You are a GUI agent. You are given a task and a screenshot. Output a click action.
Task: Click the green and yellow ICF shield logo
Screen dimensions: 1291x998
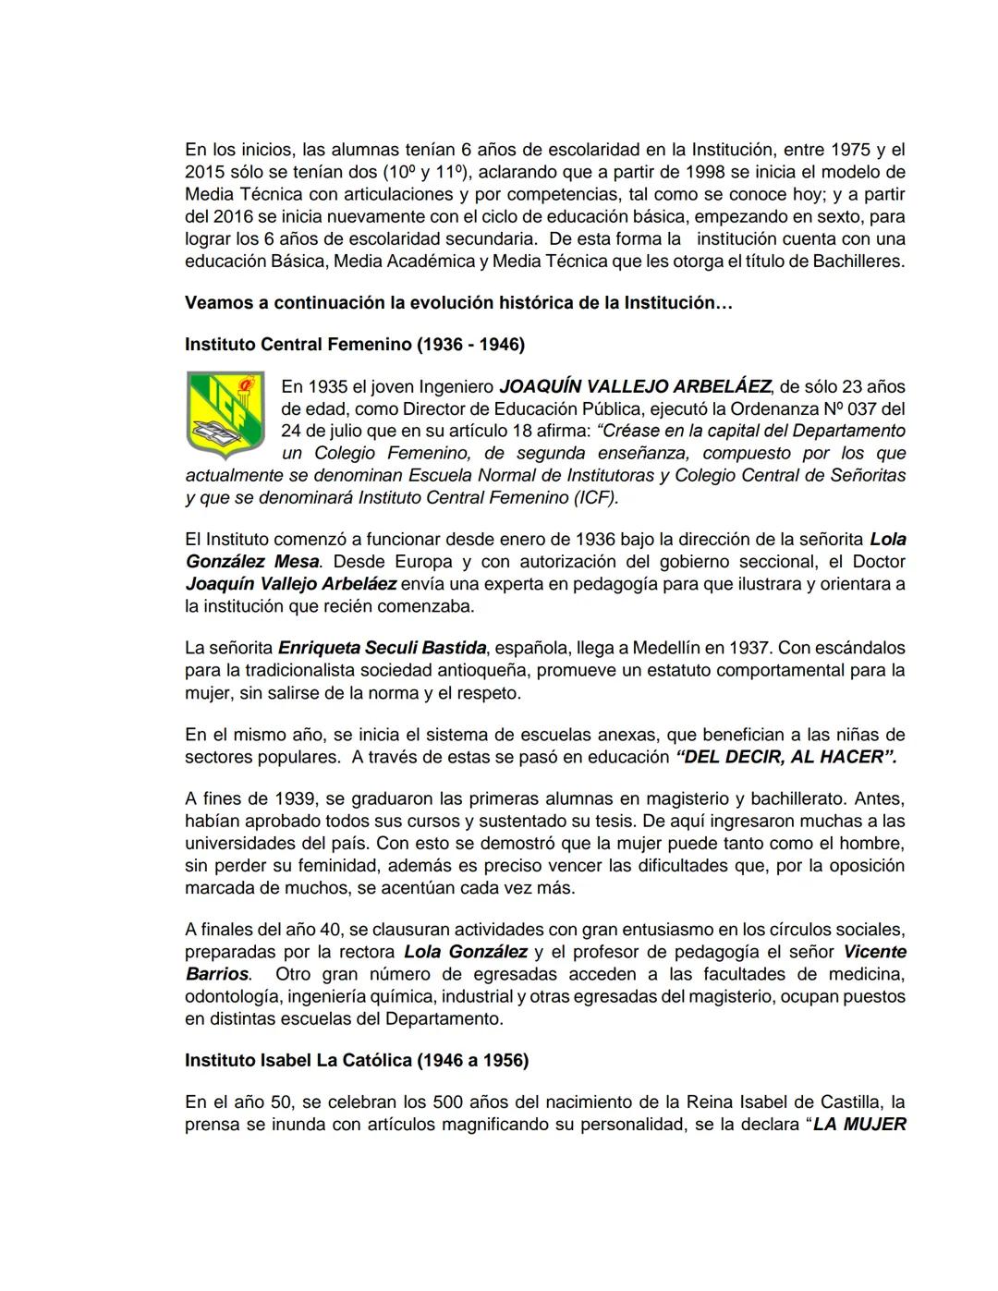point(225,415)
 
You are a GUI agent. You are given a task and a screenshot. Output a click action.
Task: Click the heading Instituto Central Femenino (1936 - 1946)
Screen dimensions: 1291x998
point(354,345)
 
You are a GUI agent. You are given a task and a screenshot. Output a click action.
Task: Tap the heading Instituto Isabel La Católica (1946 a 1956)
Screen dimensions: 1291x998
point(356,1060)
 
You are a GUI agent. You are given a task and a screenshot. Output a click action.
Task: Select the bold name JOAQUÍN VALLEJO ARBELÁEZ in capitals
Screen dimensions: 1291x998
point(634,386)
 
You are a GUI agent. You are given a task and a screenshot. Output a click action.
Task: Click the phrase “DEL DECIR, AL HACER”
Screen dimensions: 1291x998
point(786,757)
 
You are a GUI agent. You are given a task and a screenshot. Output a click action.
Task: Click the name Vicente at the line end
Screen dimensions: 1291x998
point(874,952)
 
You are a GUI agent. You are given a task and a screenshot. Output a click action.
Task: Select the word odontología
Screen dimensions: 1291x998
point(234,996)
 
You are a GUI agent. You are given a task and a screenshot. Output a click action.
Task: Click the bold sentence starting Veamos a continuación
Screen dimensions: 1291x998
point(458,303)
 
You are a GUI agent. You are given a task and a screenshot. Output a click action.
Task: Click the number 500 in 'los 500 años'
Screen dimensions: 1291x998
point(472,1102)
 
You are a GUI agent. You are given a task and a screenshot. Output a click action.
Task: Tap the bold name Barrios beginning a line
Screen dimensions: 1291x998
point(216,974)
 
